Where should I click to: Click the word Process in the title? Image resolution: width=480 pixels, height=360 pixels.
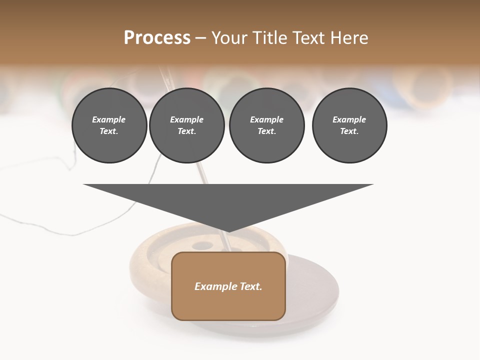pyautogui.click(x=157, y=38)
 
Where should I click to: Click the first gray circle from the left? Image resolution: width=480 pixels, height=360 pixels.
pyautogui.click(x=109, y=125)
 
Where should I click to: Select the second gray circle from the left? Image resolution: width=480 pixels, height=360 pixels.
pyautogui.click(x=186, y=125)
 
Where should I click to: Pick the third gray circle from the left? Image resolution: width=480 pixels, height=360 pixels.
pyautogui.click(x=266, y=125)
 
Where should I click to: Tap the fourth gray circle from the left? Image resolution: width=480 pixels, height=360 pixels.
pyautogui.click(x=349, y=125)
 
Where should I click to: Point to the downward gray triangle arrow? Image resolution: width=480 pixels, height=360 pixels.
pyautogui.click(x=228, y=200)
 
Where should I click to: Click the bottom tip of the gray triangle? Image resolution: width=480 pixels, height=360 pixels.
pyautogui.click(x=228, y=231)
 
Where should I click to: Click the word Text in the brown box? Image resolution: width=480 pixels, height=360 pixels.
pyautogui.click(x=251, y=286)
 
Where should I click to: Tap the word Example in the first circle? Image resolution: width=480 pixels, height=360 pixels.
pyautogui.click(x=109, y=119)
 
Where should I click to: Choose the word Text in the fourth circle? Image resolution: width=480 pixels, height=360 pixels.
pyautogui.click(x=348, y=131)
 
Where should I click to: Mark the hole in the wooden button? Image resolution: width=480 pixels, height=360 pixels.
pyautogui.click(x=202, y=245)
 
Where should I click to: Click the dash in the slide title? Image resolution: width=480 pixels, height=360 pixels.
pyautogui.click(x=201, y=38)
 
